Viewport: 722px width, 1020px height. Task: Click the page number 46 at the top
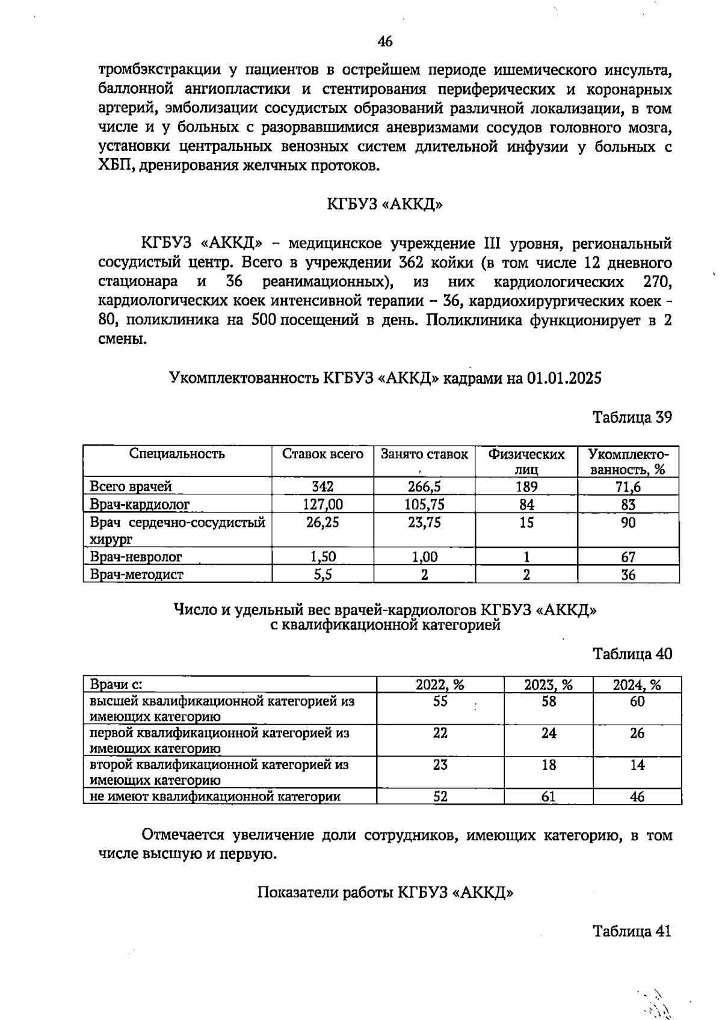pos(385,41)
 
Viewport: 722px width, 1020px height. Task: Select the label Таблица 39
pos(632,417)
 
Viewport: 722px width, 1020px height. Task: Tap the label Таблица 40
pos(632,654)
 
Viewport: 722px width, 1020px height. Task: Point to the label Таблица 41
pos(632,931)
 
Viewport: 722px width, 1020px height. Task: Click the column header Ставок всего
pos(323,454)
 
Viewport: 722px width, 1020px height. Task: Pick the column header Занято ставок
pos(424,454)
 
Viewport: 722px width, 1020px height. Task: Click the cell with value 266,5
pos(424,487)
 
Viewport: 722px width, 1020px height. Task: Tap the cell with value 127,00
pos(322,504)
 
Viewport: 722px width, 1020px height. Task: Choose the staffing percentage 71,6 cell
pos(628,487)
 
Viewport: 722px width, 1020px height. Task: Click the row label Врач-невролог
pos(136,557)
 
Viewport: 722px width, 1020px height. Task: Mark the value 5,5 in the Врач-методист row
pos(322,574)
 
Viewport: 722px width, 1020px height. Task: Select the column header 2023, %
pos(548,684)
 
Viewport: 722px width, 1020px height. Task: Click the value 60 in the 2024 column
pos(637,701)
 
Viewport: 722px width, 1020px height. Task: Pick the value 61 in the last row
pos(548,796)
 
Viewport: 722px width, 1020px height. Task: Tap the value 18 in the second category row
pos(548,765)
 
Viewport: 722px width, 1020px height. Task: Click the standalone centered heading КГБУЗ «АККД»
pos(385,204)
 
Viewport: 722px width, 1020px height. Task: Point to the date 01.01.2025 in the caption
pos(564,378)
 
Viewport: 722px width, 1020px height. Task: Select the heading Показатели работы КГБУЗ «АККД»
pos(385,892)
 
